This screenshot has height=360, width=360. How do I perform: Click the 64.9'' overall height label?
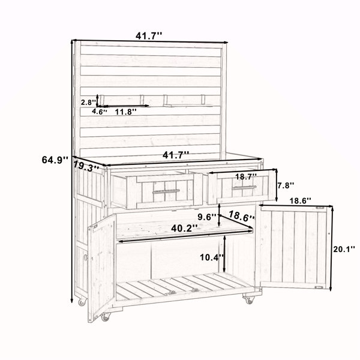pos(55,160)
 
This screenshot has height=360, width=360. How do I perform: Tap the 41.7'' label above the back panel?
pos(149,36)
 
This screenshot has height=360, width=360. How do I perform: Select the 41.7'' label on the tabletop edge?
pos(176,155)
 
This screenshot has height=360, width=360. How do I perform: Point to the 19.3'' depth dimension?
pos(86,166)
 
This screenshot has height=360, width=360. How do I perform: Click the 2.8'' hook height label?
pos(88,103)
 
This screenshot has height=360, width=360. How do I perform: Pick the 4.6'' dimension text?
pos(100,112)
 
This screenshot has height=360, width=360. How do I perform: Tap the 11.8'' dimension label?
pos(126,112)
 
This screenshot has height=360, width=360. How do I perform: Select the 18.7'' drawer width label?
pos(246,176)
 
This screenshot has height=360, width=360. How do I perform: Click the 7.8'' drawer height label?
pos(286,185)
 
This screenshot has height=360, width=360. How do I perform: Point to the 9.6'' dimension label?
pos(207,217)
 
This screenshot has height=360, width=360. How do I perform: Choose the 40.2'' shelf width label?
pos(184,228)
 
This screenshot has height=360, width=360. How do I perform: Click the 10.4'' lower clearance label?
pos(212,257)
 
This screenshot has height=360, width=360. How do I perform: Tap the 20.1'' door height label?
pos(344,249)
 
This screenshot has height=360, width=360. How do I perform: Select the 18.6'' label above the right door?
pos(300,200)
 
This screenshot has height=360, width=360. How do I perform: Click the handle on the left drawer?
pos(166,191)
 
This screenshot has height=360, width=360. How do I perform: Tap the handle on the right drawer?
pos(244,188)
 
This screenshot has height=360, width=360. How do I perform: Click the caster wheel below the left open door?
pos(106,317)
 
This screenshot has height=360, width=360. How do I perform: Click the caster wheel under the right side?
pos(250,300)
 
